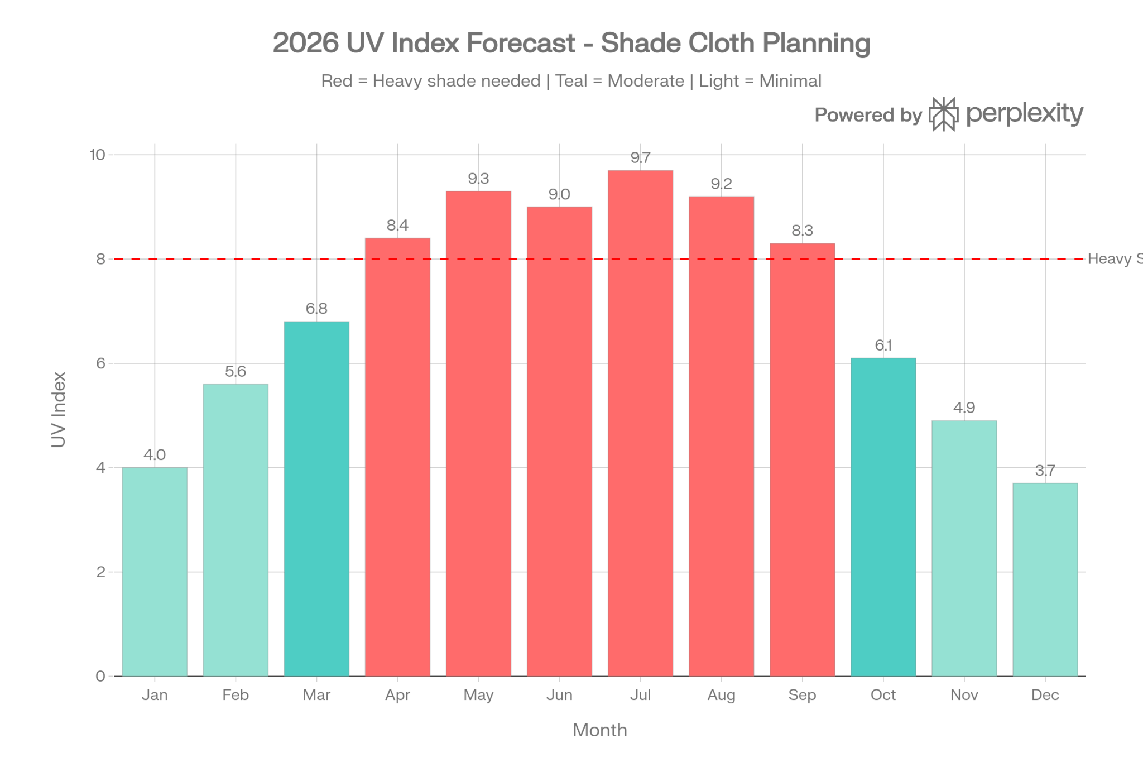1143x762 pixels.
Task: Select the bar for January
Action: tap(155, 572)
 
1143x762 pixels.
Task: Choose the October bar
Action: tap(883, 516)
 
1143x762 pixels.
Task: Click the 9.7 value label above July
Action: tap(640, 158)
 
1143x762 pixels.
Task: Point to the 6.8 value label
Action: tap(316, 309)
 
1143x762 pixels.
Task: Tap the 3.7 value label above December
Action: tap(1045, 471)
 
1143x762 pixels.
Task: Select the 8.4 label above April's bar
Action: tap(397, 225)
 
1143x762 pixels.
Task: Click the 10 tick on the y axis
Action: tap(97, 155)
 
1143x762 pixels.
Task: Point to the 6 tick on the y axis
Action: tap(100, 363)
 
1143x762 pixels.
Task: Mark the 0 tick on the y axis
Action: tap(100, 676)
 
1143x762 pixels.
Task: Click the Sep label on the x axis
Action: tap(802, 695)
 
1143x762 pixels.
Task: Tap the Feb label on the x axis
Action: tap(236, 695)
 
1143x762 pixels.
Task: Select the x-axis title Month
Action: tap(599, 730)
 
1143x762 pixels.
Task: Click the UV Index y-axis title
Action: tap(59, 409)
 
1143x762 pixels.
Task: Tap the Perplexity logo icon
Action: tap(944, 114)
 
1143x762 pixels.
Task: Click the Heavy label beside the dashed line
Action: tap(1108, 259)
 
